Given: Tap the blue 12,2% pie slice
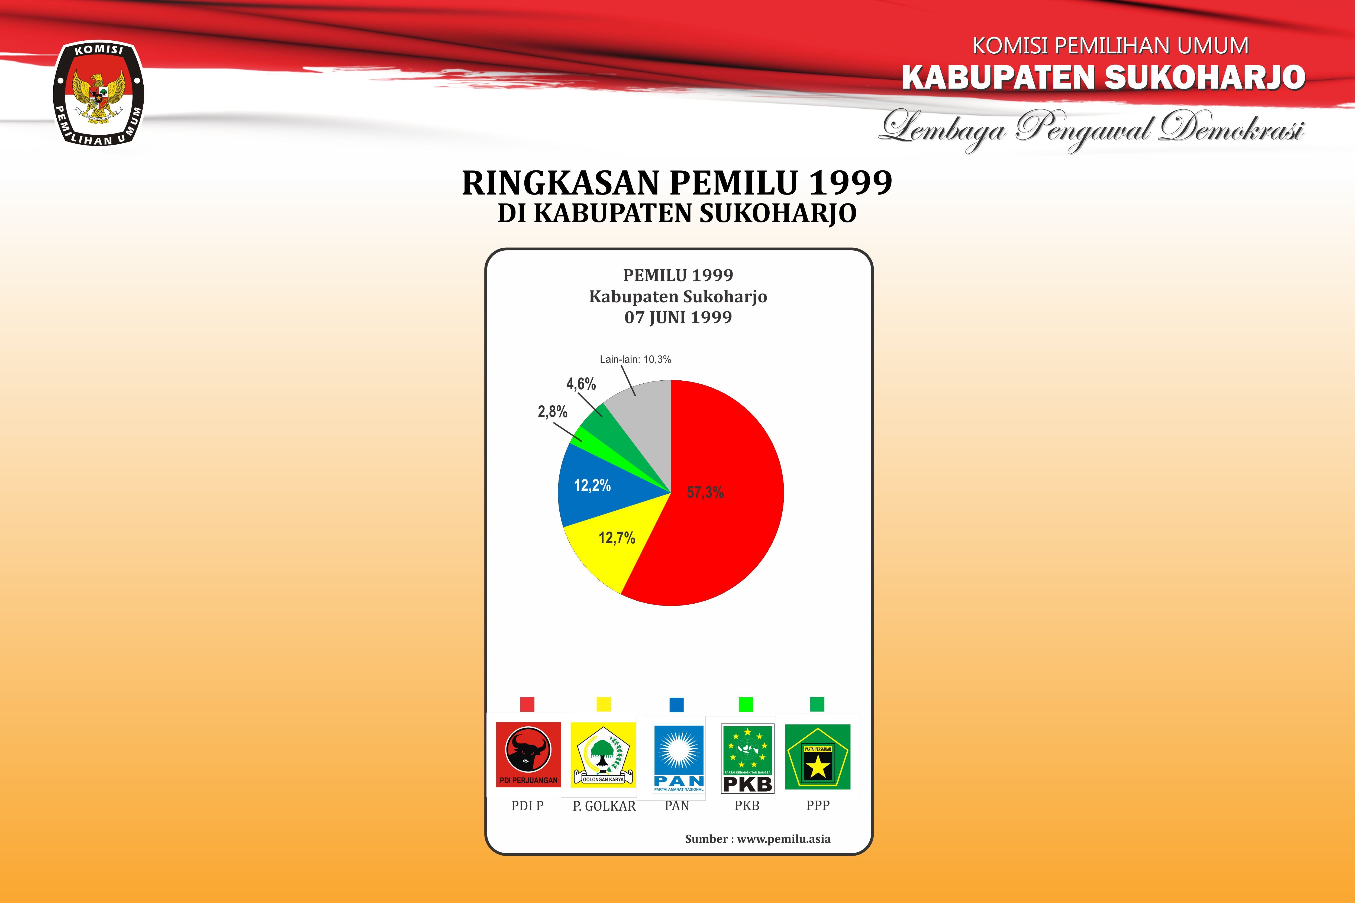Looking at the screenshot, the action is pos(599,484).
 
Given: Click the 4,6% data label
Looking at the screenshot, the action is pos(581,384).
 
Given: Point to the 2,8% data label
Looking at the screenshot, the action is pos(553,412).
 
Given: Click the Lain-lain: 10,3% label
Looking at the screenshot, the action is pos(635,359).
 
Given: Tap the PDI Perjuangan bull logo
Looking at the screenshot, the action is pos(528,755).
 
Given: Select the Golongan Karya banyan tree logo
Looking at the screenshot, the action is pos(603,755).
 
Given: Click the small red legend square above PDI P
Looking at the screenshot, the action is pos(527,704).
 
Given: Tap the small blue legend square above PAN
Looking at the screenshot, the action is pos(677,704).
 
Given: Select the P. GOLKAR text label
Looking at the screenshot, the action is pos(604,806).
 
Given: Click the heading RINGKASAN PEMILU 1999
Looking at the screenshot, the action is pos(677,183).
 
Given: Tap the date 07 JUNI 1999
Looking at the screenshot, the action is pos(678,317).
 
